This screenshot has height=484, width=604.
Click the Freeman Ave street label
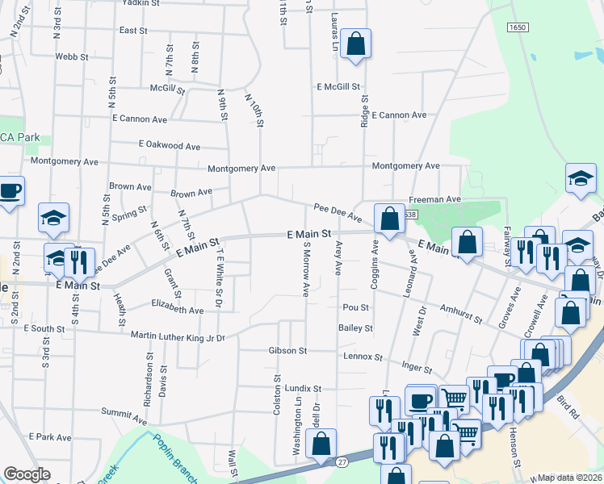[434, 198]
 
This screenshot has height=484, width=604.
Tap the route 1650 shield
[518, 27]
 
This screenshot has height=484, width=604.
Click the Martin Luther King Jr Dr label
[173, 337]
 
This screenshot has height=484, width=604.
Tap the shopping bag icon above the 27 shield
[321, 443]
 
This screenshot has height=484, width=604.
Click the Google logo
[27, 474]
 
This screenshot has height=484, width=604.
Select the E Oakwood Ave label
[169, 145]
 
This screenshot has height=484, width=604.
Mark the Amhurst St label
[461, 314]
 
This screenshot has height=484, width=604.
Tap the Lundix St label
[302, 388]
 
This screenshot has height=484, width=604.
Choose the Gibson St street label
[288, 351]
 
